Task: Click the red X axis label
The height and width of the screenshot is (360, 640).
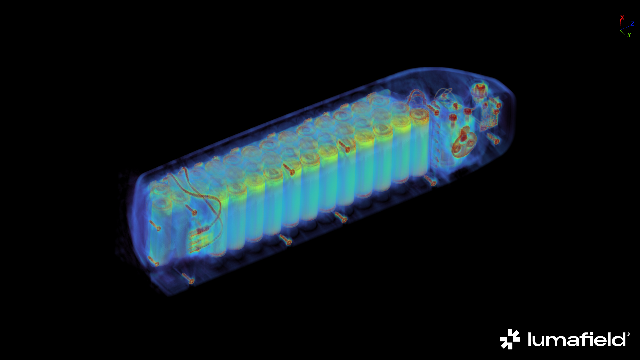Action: [x=622, y=18]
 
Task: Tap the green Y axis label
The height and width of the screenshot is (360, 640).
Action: [x=629, y=35]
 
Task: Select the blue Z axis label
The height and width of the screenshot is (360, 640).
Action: [x=632, y=24]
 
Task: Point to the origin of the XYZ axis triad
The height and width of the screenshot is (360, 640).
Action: [x=620, y=30]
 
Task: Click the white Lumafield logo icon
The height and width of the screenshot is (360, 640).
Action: [x=510, y=339]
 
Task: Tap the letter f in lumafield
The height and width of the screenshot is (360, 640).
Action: [x=581, y=339]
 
